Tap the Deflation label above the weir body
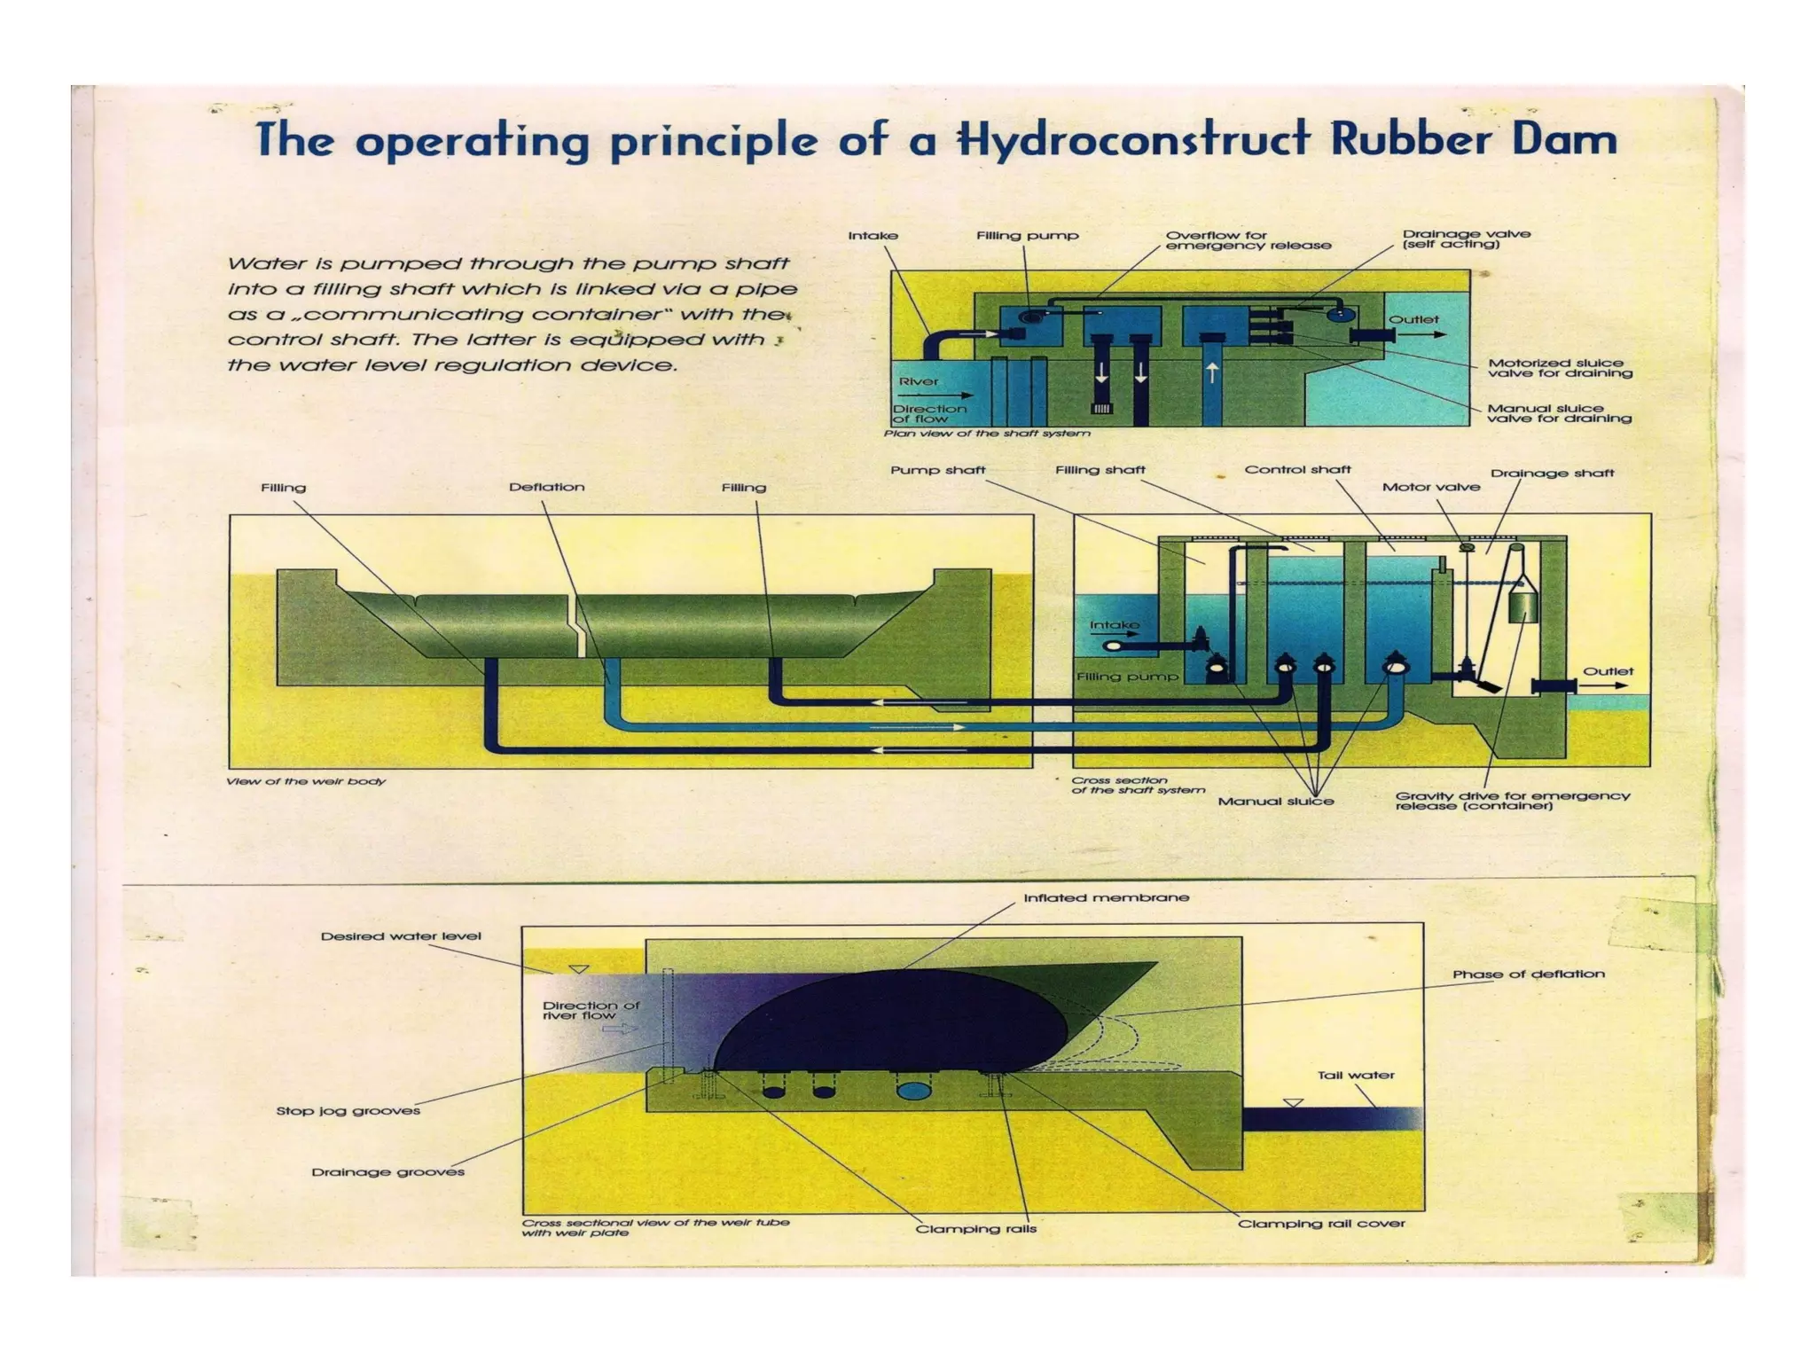tap(546, 487)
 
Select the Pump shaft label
tap(937, 470)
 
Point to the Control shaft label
tap(1297, 469)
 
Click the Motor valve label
tap(1430, 487)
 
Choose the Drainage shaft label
tap(1552, 473)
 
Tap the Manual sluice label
tap(1275, 801)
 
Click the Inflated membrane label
tap(1106, 897)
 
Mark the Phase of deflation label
tap(1528, 974)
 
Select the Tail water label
tap(1356, 1075)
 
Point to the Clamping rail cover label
tap(1321, 1224)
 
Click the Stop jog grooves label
tap(348, 1110)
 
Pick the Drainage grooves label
tap(387, 1171)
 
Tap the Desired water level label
tap(401, 935)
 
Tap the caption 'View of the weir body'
tap(306, 781)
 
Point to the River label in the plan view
tap(919, 381)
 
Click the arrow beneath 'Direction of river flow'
tap(619, 1029)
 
